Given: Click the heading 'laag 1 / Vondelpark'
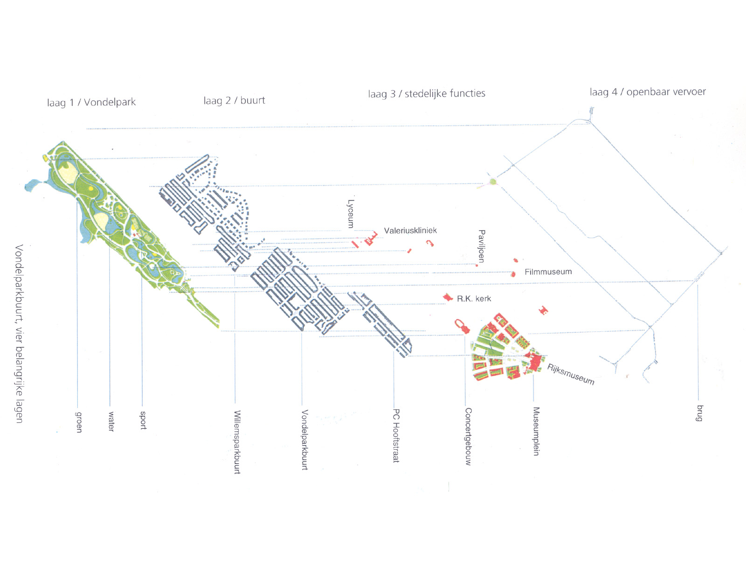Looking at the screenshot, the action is (91, 102).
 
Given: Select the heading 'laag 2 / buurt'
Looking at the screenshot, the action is (234, 101).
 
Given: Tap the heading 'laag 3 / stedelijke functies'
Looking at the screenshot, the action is (426, 93).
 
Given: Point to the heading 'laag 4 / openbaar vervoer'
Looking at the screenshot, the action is (648, 92).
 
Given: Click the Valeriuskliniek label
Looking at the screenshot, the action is (410, 230).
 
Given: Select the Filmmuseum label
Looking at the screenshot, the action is (548, 272).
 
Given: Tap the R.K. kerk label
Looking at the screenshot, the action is (474, 298).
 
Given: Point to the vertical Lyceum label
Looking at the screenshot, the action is (351, 214).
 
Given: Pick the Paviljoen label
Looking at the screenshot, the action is (481, 246).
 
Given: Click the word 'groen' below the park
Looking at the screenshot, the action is (79, 422).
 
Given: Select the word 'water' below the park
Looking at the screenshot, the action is (111, 421).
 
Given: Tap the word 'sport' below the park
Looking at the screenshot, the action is (143, 420).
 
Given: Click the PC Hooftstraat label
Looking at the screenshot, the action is (396, 435).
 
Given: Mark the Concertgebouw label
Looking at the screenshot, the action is (468, 436).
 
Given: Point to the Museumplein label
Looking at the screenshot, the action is (536, 431).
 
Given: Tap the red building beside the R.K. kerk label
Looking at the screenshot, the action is (447, 297).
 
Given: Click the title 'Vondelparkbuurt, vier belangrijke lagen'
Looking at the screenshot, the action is (19, 334).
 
